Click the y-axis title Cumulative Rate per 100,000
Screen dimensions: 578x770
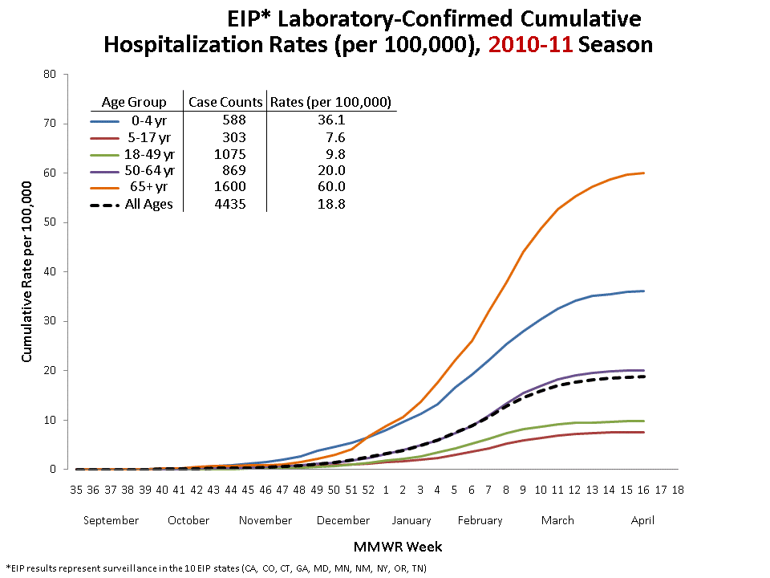[x=26, y=271]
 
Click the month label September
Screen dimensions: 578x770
[x=111, y=520]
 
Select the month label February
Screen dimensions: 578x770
[x=480, y=520]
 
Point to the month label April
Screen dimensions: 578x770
[x=642, y=520]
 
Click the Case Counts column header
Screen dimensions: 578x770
[x=225, y=102]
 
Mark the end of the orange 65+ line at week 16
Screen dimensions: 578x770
[x=643, y=173]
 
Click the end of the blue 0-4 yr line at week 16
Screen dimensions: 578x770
[x=643, y=291]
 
